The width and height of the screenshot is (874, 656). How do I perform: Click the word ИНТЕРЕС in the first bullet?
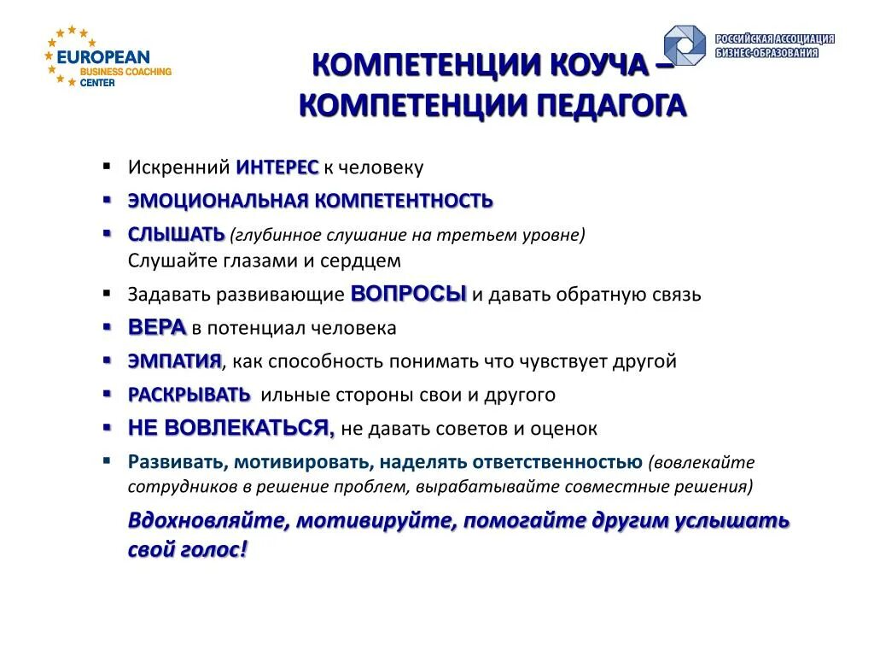[277, 167]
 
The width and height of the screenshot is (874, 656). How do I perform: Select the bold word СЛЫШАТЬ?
[176, 234]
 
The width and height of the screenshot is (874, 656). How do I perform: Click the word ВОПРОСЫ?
[409, 294]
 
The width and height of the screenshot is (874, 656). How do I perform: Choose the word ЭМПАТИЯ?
[174, 361]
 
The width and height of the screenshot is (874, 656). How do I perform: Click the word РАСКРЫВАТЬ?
[189, 395]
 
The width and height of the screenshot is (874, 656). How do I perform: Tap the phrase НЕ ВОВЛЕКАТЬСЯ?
[230, 428]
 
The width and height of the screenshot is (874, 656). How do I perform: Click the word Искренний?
[179, 167]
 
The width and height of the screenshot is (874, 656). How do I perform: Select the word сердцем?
[365, 261]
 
